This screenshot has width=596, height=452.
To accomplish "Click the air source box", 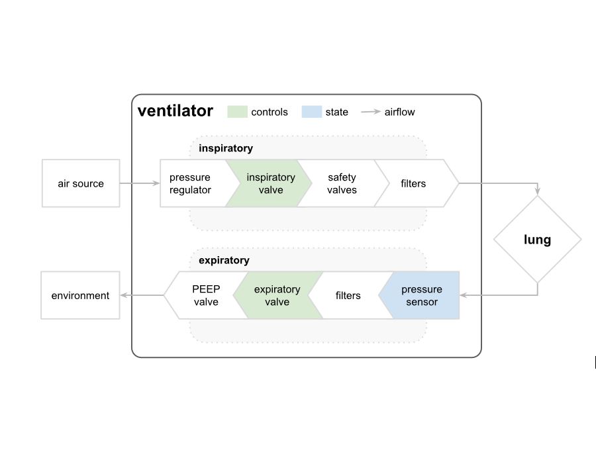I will (81, 183).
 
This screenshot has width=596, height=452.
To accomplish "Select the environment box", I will (80, 295).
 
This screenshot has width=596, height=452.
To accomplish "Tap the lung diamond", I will (537, 240).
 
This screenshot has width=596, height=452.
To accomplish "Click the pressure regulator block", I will (191, 183).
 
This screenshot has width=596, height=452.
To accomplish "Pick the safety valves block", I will (342, 183).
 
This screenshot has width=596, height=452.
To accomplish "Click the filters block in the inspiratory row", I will (414, 183).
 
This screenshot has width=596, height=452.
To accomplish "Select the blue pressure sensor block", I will (421, 295).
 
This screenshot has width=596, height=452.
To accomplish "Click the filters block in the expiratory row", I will (348, 295).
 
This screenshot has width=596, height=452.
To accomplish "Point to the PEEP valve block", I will (206, 295).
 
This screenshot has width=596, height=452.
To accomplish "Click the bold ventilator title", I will (175, 111).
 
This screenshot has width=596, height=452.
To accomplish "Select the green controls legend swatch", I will (237, 112).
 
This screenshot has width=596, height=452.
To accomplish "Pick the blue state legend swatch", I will (311, 112).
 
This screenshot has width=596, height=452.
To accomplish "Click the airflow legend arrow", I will (371, 112).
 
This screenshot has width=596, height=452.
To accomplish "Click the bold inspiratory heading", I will (225, 148).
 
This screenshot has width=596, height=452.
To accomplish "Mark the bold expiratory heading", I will (224, 261).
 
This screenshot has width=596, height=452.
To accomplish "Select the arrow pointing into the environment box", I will (142, 295).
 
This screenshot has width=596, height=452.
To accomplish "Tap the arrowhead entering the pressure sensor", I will (464, 295).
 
